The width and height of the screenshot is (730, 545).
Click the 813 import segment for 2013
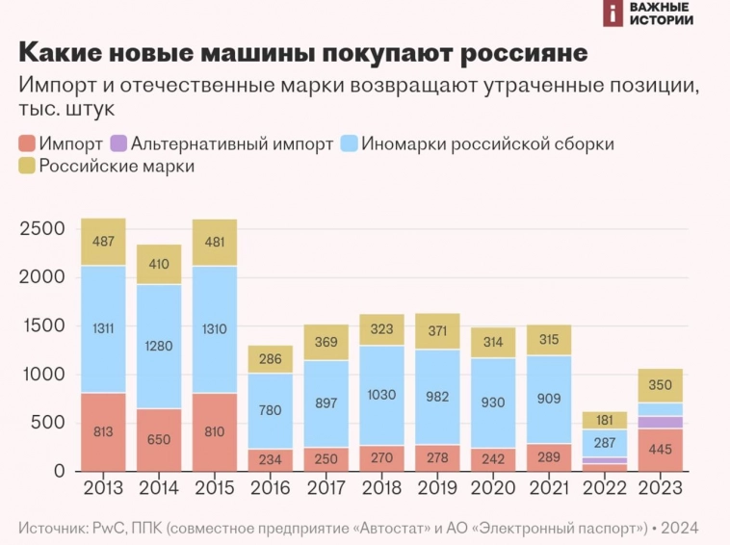point(103,431)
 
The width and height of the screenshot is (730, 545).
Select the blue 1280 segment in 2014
point(159,346)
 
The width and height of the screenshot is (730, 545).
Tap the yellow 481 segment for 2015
point(215,242)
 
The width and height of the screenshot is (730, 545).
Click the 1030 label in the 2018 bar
point(382,395)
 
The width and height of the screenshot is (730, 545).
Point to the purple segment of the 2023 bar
point(661,422)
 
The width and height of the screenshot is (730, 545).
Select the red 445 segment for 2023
point(661,450)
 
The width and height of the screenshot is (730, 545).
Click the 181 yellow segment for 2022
point(605,420)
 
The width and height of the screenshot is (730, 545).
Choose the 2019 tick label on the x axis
point(438,488)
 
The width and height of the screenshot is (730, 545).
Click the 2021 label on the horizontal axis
point(549,488)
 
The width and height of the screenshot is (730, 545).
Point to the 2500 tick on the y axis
point(42,229)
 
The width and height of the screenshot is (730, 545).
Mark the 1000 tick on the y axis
point(42,375)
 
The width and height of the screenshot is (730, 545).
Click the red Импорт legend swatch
point(27,143)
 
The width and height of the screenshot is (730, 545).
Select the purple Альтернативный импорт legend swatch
point(118,143)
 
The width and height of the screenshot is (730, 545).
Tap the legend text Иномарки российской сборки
point(487,143)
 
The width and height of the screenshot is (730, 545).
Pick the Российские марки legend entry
point(116,167)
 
